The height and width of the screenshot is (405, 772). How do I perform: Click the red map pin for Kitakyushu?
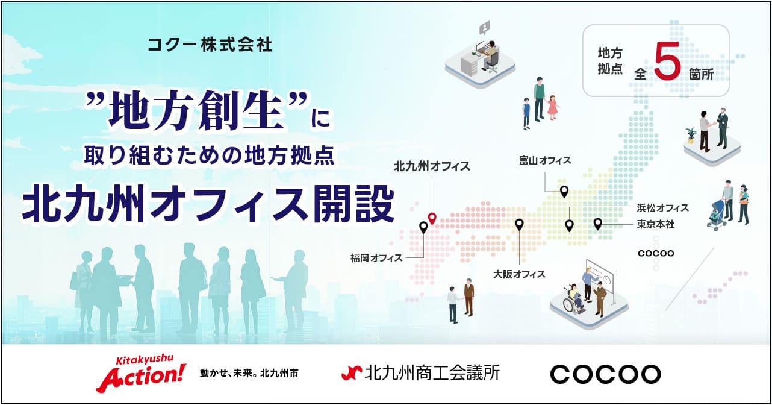click(432, 218)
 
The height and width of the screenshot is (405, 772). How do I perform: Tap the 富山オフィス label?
click(545, 160)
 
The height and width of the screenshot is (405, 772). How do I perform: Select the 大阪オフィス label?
click(519, 274)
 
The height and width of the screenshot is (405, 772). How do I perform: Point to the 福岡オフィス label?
click(376, 258)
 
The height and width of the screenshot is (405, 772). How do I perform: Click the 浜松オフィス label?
click(662, 208)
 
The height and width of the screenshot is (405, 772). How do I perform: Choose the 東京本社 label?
click(656, 225)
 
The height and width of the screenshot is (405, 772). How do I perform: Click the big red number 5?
click(667, 60)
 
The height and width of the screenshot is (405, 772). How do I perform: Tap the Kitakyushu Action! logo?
click(141, 374)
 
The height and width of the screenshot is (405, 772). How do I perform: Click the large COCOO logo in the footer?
click(606, 374)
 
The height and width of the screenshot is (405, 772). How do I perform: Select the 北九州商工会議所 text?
click(420, 373)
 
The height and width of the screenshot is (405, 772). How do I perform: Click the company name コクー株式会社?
click(210, 45)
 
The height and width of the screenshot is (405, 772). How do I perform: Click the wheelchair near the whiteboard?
click(573, 302)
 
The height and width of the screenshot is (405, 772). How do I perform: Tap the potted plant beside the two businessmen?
click(690, 136)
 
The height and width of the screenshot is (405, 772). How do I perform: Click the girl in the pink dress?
click(552, 107)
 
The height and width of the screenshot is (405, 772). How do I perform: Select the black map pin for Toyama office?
click(564, 192)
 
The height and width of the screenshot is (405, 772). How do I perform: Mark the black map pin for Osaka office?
click(519, 225)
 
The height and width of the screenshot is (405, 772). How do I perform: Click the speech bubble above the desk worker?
click(485, 28)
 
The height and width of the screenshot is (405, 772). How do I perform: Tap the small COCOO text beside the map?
click(656, 253)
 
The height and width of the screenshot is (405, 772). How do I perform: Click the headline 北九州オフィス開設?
click(209, 204)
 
